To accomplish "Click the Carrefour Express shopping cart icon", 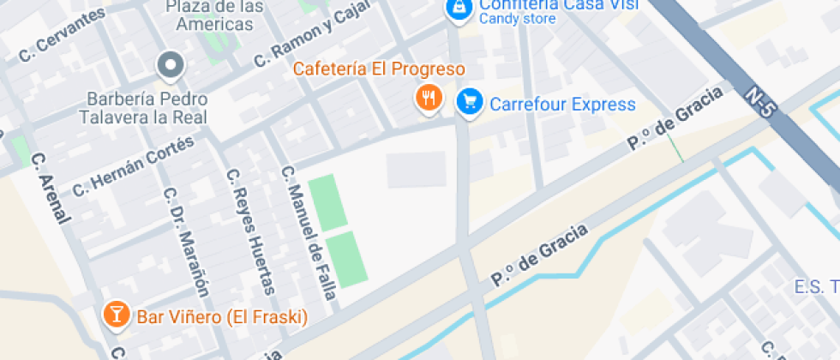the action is [468, 102].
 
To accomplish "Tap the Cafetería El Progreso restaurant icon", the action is [428, 98].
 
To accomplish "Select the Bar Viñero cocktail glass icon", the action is [113, 315].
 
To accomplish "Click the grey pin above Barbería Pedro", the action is [171, 64].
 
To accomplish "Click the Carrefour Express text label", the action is [562, 105].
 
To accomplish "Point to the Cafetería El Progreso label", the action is [379, 69].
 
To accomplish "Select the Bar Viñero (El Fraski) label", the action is [222, 318].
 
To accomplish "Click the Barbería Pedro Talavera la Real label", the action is [143, 108].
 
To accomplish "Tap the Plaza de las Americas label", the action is [214, 15].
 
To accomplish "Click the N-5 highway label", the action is [761, 102].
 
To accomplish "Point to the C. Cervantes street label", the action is [62, 36].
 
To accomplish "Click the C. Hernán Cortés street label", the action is [134, 165].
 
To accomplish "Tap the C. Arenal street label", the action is [50, 189].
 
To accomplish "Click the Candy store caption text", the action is [518, 19].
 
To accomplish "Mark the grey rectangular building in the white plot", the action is [416, 170].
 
